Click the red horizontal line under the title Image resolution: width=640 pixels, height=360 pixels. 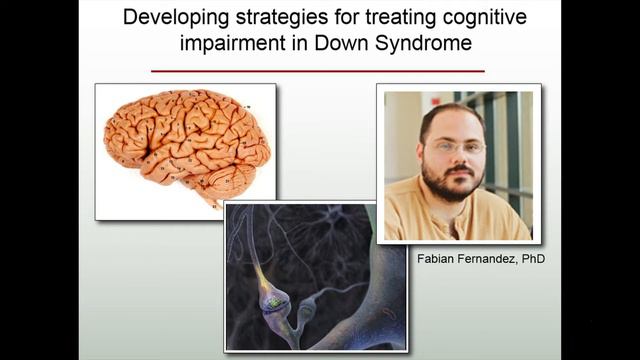(x=318, y=71)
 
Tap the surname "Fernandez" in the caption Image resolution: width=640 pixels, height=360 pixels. (x=486, y=258)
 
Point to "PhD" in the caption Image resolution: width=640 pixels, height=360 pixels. (x=534, y=258)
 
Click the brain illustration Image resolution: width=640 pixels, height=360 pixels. (x=185, y=145)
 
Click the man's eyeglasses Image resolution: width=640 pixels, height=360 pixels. (x=458, y=147)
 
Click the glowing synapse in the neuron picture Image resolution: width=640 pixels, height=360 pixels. (x=269, y=297)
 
